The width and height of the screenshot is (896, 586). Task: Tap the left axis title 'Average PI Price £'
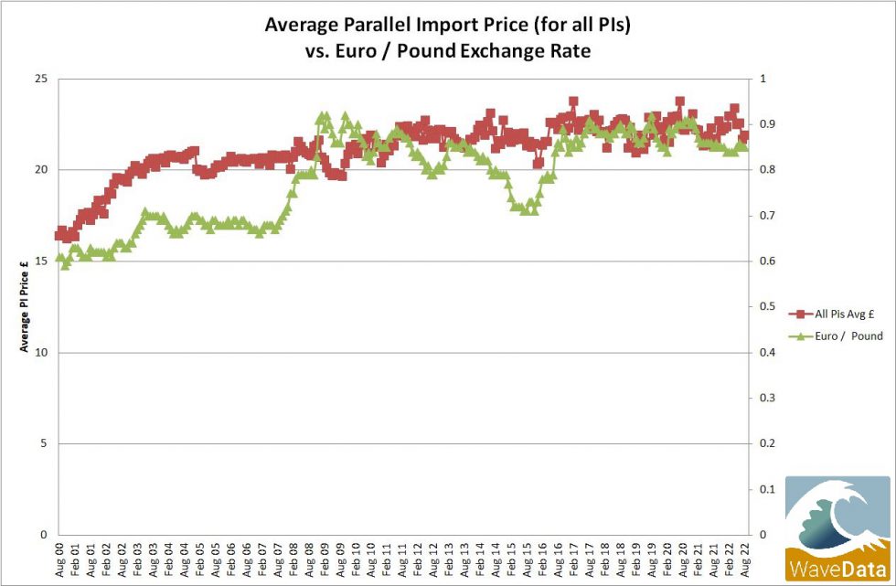point(25,307)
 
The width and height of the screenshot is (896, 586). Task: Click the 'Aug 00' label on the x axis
point(60,559)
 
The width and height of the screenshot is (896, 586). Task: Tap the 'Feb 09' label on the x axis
point(324,559)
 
